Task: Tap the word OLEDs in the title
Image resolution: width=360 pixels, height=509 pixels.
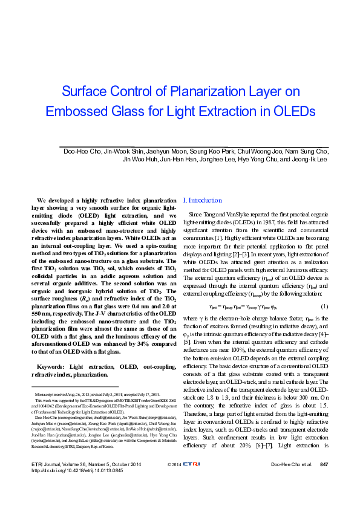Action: pos(293,112)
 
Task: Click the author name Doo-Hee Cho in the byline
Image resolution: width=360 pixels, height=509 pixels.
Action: pos(81,151)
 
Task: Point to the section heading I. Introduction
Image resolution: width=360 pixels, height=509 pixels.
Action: pos(202,200)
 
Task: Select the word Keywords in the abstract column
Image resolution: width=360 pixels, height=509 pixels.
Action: pos(50,367)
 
